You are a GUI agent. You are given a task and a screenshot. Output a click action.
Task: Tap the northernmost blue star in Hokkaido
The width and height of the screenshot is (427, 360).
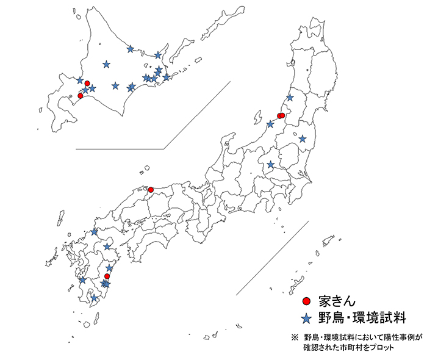(130, 49)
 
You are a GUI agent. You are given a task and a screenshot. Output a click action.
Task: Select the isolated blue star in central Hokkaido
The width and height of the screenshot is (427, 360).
(107, 63)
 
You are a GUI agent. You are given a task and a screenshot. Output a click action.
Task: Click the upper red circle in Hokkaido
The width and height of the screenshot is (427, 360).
(87, 83)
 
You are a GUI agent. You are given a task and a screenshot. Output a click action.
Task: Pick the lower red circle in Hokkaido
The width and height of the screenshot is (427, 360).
(81, 96)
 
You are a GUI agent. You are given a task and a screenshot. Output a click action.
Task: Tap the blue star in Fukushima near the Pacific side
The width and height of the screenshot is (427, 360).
(303, 139)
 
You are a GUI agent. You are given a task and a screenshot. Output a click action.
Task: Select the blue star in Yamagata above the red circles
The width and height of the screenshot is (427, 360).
(290, 98)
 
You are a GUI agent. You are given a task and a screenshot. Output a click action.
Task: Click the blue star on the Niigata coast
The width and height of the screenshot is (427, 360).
(270, 124)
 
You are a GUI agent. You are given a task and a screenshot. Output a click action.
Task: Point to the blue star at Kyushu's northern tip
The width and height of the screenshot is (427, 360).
(94, 231)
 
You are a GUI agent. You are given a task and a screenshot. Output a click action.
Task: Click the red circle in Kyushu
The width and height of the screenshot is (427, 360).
(107, 276)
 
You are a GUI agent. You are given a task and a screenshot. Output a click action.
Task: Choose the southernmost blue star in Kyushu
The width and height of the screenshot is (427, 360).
(94, 298)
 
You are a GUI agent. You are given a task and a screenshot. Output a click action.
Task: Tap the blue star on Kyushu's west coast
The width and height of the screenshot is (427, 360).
(82, 280)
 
